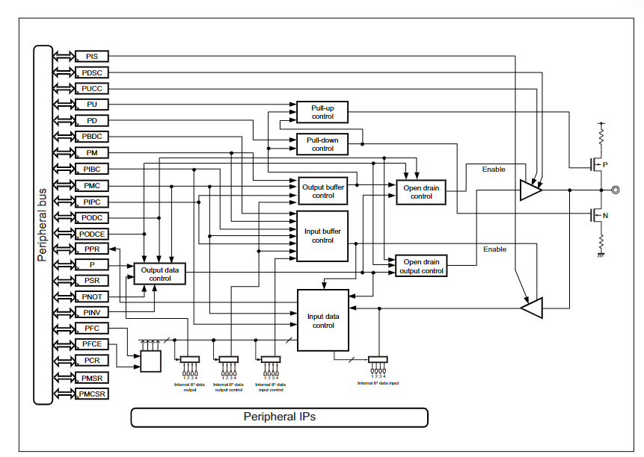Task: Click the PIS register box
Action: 91,56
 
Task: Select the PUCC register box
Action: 91,88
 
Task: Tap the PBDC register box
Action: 91,137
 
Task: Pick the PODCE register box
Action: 91,234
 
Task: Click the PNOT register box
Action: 91,296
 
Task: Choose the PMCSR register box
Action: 91,393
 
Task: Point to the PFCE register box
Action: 91,344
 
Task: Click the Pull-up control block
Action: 322,112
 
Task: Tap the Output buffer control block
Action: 322,191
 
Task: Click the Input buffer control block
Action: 322,236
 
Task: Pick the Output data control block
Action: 160,273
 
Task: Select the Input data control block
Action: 323,320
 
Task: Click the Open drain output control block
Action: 421,267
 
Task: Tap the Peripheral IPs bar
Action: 279,417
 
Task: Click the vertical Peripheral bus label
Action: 42,225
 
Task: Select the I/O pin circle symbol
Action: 615,190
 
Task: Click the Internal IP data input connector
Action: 378,359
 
